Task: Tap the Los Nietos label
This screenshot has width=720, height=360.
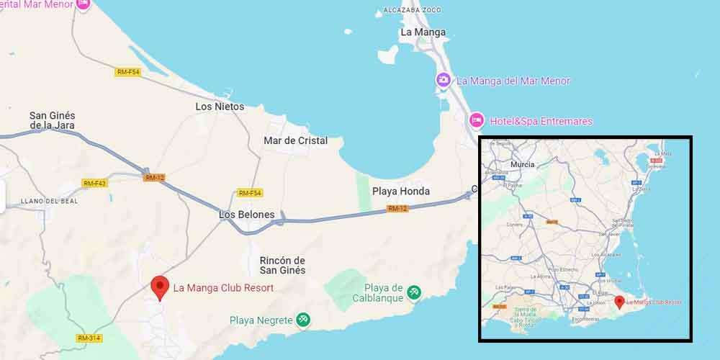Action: (220, 107)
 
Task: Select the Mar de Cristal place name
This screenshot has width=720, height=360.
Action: (295, 140)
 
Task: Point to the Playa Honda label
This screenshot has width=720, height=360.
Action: (400, 191)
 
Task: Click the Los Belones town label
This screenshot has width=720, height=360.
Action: (247, 215)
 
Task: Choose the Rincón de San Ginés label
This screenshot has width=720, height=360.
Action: (282, 265)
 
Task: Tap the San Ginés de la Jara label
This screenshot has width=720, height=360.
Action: (53, 120)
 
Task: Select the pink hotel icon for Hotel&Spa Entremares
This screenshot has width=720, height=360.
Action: (476, 120)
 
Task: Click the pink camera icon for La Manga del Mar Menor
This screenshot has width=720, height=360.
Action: (444, 80)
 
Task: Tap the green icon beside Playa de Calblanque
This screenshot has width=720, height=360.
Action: (414, 292)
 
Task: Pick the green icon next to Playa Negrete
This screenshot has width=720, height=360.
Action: (304, 320)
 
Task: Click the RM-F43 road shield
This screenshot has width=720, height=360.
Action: (94, 183)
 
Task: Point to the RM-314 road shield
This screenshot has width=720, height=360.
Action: (89, 338)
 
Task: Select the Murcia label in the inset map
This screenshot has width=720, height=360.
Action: (522, 164)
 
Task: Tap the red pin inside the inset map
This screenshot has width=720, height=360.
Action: (619, 302)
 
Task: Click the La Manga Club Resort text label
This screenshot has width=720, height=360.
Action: (223, 288)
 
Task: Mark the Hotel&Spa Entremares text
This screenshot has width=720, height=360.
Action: (541, 121)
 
